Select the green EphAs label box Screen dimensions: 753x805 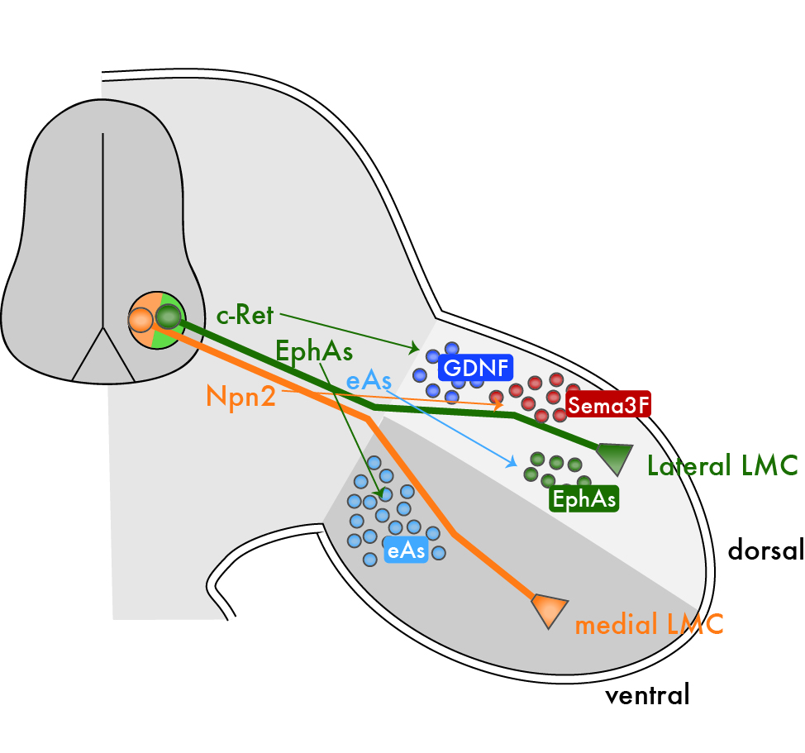[x=584, y=498]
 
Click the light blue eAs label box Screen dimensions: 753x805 [x=406, y=550]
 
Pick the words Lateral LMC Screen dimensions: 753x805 [x=722, y=466]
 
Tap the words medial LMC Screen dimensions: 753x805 [x=649, y=624]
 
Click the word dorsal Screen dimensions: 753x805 [x=765, y=550]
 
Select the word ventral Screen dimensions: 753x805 [x=647, y=694]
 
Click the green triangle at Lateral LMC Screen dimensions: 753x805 [x=616, y=457]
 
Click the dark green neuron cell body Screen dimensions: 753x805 [x=169, y=315]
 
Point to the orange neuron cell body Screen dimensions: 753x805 [x=141, y=318]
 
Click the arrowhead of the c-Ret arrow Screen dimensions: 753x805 [x=417, y=347]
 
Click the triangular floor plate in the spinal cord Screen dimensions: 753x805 [x=103, y=357]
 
